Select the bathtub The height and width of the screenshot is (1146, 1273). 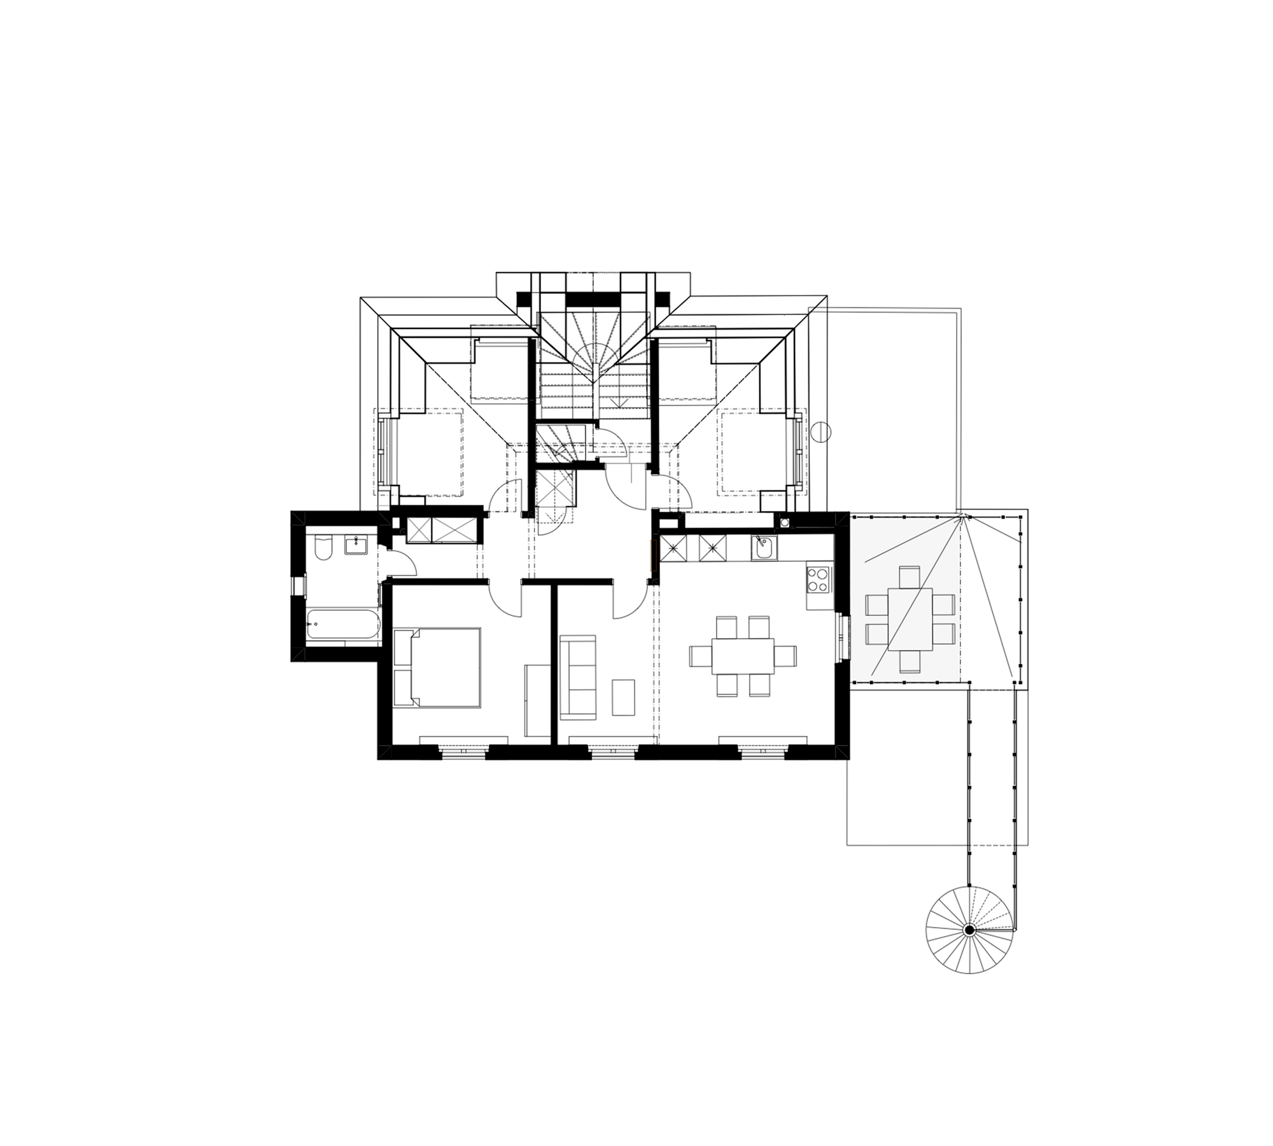point(342,625)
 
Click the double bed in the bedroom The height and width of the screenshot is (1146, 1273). point(444,667)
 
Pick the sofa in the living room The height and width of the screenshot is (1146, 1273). point(577,677)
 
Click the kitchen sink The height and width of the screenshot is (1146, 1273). point(763,547)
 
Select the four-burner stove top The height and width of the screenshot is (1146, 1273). point(819,578)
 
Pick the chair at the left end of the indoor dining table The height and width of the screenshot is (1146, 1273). point(700,656)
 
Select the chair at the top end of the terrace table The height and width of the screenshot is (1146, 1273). point(910,576)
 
